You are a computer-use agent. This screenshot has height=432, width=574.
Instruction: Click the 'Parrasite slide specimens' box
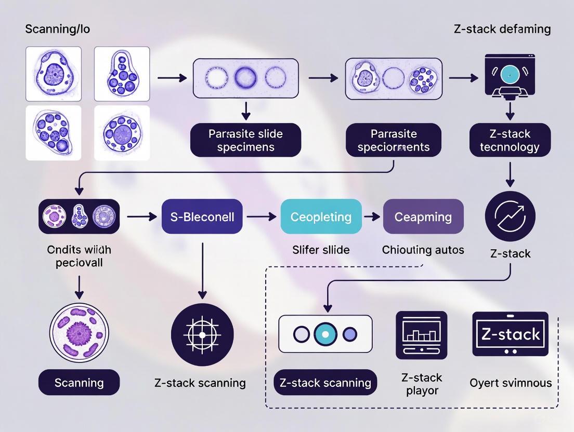coord(245,140)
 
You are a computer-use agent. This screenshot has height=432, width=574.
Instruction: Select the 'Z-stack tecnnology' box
coord(510,140)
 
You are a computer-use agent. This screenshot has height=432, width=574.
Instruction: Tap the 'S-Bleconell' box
coord(202,217)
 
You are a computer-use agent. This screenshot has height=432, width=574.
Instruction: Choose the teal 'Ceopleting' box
coord(321,217)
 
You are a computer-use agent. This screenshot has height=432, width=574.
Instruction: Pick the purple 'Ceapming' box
coord(423,217)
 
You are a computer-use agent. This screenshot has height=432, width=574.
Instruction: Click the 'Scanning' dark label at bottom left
coord(79,383)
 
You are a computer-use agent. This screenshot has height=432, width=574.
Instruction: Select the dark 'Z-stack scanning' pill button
coord(325,383)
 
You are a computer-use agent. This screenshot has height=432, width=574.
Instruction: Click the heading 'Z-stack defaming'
coord(502,29)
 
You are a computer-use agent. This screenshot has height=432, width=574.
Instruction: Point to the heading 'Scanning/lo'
coord(57,29)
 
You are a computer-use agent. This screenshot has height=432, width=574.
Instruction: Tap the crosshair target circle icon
coord(202,334)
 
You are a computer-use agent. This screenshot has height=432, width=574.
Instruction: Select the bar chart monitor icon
coord(421,335)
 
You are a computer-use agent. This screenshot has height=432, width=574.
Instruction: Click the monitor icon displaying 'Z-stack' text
coord(510,334)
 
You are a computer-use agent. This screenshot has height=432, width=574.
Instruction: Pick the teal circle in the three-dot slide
coord(325,334)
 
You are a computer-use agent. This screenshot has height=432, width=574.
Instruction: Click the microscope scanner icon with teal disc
coord(510,75)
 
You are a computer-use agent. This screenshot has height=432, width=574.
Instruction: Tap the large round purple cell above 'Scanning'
coord(79,330)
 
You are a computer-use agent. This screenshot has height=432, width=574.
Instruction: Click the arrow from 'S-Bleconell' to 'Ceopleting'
coord(261,217)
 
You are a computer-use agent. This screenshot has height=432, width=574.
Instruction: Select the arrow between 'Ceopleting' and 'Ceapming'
coord(372,217)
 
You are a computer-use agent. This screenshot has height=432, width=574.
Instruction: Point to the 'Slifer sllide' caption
coord(320,250)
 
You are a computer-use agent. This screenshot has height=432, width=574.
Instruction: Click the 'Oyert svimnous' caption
coord(510,383)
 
